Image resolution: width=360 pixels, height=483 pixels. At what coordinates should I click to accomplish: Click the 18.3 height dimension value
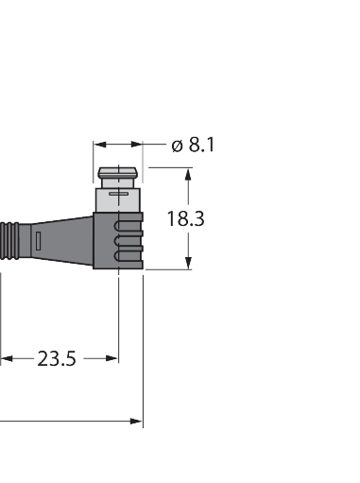pyautogui.click(x=186, y=219)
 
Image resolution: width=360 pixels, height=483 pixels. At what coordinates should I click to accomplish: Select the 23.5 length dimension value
pyautogui.click(x=57, y=358)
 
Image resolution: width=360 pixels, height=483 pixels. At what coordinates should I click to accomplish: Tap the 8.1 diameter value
pyautogui.click(x=200, y=146)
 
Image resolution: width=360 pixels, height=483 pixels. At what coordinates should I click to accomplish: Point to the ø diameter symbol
pyautogui.click(x=176, y=147)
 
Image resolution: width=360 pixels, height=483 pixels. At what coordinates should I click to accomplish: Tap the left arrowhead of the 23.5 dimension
pyautogui.click(x=5, y=358)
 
